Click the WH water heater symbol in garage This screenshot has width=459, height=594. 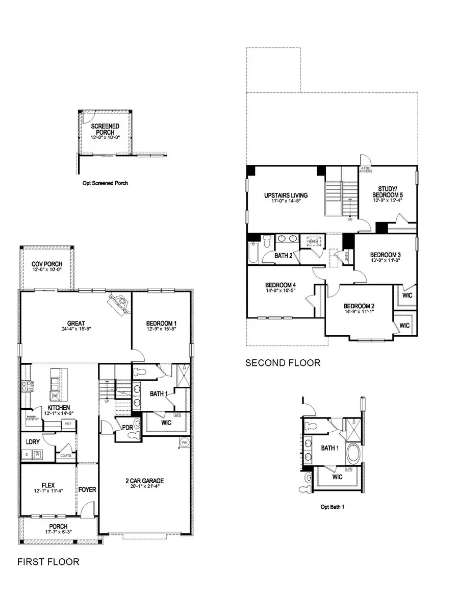[x=184, y=442]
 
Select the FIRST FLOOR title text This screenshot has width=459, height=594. [x=48, y=562]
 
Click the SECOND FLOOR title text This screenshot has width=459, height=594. [x=283, y=363]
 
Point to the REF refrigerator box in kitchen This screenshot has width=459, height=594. [x=68, y=424]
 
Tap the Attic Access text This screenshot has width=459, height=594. [x=366, y=169]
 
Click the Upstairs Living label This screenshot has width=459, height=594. [x=286, y=195]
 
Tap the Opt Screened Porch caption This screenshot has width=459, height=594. [x=106, y=183]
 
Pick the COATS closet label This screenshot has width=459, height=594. [x=66, y=456]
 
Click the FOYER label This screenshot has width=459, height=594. [x=87, y=490]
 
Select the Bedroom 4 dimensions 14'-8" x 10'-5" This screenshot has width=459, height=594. [x=280, y=291]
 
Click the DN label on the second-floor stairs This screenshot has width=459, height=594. [x=350, y=220]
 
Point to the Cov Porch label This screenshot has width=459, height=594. [x=46, y=264]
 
